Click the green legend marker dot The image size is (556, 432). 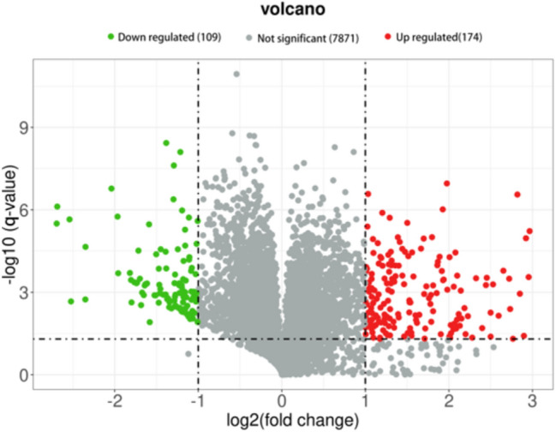[111, 39]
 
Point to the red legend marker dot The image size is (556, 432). [388, 39]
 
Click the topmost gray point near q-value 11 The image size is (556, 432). [236, 75]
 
